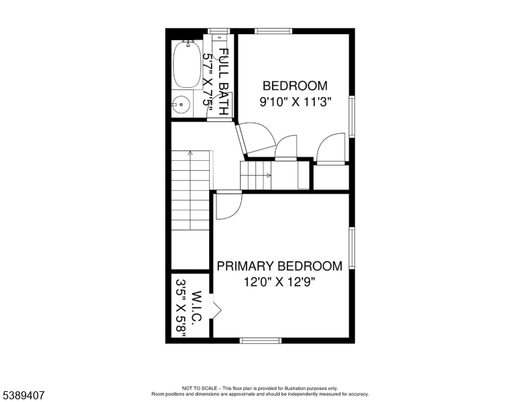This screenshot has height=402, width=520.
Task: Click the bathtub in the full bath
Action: point(187,65)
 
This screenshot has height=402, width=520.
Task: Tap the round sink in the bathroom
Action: point(181,105)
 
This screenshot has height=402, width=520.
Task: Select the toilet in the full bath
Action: point(218,46)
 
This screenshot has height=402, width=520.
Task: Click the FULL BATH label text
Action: point(224,82)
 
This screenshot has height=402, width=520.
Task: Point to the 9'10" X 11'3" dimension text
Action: point(296,102)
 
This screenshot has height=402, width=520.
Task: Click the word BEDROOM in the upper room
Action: point(295,86)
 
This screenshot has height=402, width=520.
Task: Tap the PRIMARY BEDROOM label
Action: point(279,266)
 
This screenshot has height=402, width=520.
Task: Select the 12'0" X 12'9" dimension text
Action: point(279,282)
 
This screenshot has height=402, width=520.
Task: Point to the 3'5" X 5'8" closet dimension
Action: point(181,308)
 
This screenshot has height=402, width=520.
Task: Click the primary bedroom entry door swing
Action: point(229,206)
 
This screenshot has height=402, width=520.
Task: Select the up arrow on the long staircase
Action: point(190,190)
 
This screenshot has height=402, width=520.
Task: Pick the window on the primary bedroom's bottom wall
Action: point(260,340)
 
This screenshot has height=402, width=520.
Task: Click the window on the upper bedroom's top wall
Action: point(273,31)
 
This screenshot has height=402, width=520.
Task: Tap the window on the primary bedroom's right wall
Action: point(352,248)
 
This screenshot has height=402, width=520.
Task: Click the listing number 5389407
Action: point(23,395)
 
